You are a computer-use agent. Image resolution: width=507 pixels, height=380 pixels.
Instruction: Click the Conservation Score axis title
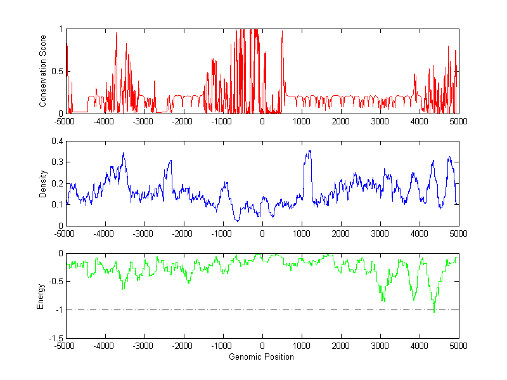pos(42,71)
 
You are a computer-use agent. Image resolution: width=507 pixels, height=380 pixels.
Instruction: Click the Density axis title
pos(42,183)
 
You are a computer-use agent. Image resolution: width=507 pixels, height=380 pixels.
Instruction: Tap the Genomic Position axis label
pos(262,357)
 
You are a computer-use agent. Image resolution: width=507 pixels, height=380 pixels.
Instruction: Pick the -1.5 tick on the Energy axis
pos(55,338)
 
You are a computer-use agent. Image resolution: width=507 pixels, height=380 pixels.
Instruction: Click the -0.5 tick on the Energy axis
pos(55,282)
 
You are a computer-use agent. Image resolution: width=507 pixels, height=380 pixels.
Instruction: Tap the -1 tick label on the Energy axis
pos(58,310)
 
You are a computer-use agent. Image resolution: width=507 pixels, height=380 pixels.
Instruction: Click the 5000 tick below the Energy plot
pos(458,346)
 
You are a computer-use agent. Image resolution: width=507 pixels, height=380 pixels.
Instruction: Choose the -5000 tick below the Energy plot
pos(65,346)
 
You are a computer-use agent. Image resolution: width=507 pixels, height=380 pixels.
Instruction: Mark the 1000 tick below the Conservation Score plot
pos(301,121)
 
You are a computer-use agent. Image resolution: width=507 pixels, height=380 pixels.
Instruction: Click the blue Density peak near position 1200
pos(309,151)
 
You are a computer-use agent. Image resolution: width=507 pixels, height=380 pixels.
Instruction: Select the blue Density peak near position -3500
pos(123,153)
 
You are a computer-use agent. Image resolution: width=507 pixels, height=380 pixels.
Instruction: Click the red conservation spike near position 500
pos(282,32)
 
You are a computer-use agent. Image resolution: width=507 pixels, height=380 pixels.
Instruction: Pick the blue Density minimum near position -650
pos(236,221)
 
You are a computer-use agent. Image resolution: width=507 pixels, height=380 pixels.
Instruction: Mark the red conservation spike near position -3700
pos(117,34)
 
